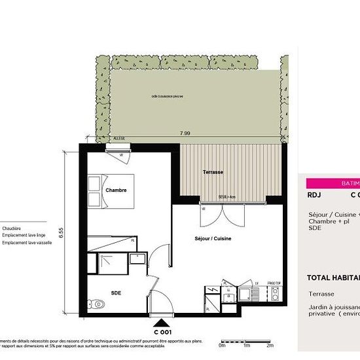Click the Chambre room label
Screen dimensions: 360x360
[115, 190]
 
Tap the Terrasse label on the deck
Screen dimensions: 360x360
[213, 172]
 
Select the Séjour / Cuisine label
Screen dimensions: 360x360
[213, 238]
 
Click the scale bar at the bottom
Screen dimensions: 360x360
[246, 341]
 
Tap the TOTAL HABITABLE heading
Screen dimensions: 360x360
[333, 278]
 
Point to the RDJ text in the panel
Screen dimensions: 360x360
[314, 194]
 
